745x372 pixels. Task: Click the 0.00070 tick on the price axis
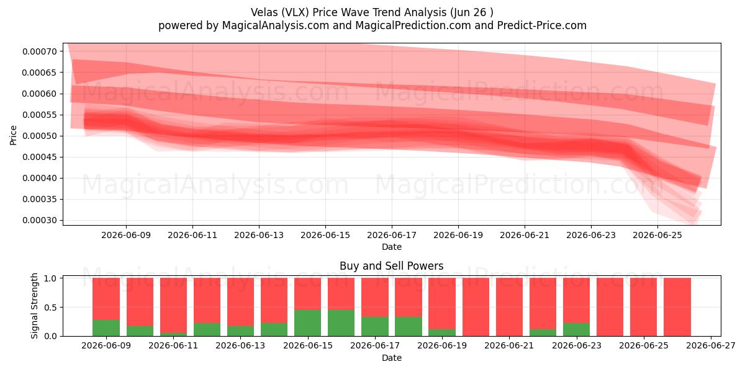click(40, 51)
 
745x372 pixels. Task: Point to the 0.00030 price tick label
click(40, 220)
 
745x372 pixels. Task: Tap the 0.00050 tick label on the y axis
click(40, 136)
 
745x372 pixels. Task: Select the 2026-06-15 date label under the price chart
click(325, 235)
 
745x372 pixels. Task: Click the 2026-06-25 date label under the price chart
click(657, 235)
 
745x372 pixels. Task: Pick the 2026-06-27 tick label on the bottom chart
click(711, 346)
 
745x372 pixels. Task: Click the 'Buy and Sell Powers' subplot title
click(392, 266)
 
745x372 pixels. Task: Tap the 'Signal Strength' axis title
click(34, 306)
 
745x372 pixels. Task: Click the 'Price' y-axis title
click(13, 135)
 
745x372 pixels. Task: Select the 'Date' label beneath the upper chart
click(392, 247)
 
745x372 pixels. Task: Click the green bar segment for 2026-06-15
click(308, 323)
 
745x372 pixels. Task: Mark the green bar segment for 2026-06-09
click(106, 328)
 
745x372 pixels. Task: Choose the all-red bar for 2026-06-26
click(677, 307)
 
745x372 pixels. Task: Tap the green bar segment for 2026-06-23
click(576, 329)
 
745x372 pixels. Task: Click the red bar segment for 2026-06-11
click(173, 305)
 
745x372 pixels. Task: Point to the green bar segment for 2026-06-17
click(375, 327)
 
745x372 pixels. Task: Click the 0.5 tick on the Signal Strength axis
click(50, 308)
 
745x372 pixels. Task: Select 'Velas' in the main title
click(264, 12)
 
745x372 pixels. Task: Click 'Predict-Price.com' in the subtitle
click(542, 25)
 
